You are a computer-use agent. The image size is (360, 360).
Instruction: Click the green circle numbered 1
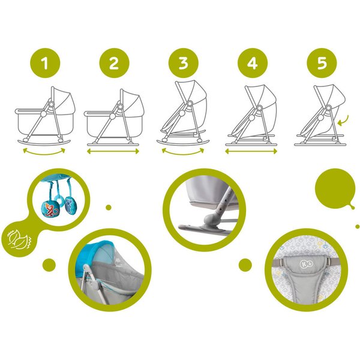[45, 63]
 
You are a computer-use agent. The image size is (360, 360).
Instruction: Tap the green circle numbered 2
[115, 63]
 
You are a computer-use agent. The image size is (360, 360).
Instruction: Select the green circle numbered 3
[184, 63]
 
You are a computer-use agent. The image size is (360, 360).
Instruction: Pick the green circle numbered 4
[253, 63]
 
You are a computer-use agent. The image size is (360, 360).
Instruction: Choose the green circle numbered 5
[322, 63]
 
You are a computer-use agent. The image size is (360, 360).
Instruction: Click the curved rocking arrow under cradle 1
[44, 154]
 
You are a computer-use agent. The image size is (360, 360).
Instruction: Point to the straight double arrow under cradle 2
[113, 151]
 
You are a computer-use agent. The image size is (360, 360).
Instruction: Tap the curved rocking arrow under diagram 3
[183, 154]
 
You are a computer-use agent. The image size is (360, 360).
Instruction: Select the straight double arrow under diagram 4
[251, 151]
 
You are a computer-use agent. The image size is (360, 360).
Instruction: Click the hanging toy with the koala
[70, 205]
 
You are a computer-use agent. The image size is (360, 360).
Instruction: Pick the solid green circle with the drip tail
[335, 189]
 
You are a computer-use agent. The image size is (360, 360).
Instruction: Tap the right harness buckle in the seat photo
[331, 261]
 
